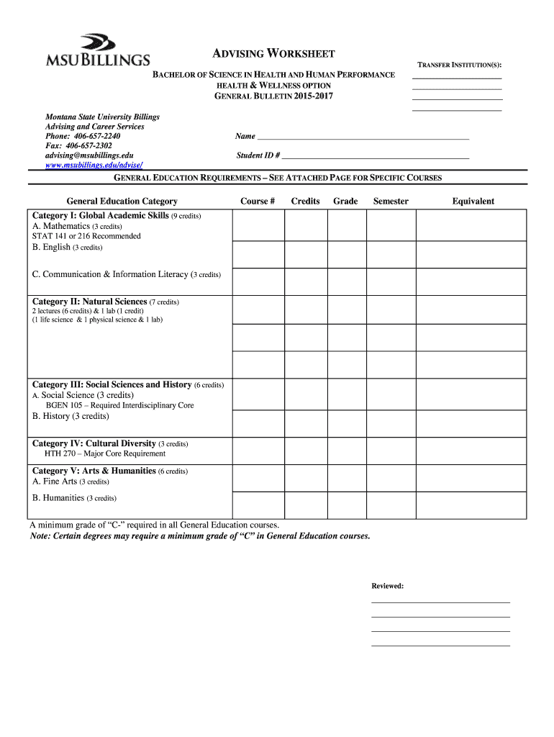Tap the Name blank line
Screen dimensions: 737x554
363,137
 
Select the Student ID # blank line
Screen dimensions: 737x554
375,155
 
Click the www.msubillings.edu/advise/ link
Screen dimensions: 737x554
89,166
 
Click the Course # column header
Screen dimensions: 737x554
258,202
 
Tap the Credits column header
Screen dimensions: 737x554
305,202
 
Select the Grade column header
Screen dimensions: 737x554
345,202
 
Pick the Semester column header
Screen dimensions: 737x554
391,202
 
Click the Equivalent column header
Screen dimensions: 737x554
473,202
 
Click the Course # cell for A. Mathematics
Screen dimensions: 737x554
258,226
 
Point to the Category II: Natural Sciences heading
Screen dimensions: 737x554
90,302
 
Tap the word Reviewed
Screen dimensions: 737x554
387,586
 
